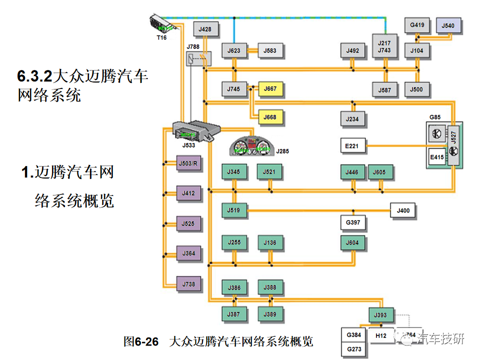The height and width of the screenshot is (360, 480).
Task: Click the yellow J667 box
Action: (270, 89)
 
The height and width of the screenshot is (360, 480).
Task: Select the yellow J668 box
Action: (270, 117)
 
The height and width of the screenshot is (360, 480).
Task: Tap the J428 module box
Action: (205, 29)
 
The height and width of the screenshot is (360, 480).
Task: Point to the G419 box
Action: (417, 24)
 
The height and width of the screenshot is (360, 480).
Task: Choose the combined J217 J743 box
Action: (384, 46)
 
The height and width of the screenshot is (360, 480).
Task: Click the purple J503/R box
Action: (189, 164)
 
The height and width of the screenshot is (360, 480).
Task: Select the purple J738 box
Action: (189, 284)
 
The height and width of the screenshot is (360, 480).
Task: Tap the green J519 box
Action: (234, 210)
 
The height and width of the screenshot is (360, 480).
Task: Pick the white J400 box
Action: (403, 210)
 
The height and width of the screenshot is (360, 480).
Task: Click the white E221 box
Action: (352, 146)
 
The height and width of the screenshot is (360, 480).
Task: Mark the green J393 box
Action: (380, 315)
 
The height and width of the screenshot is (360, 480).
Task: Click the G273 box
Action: (353, 348)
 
